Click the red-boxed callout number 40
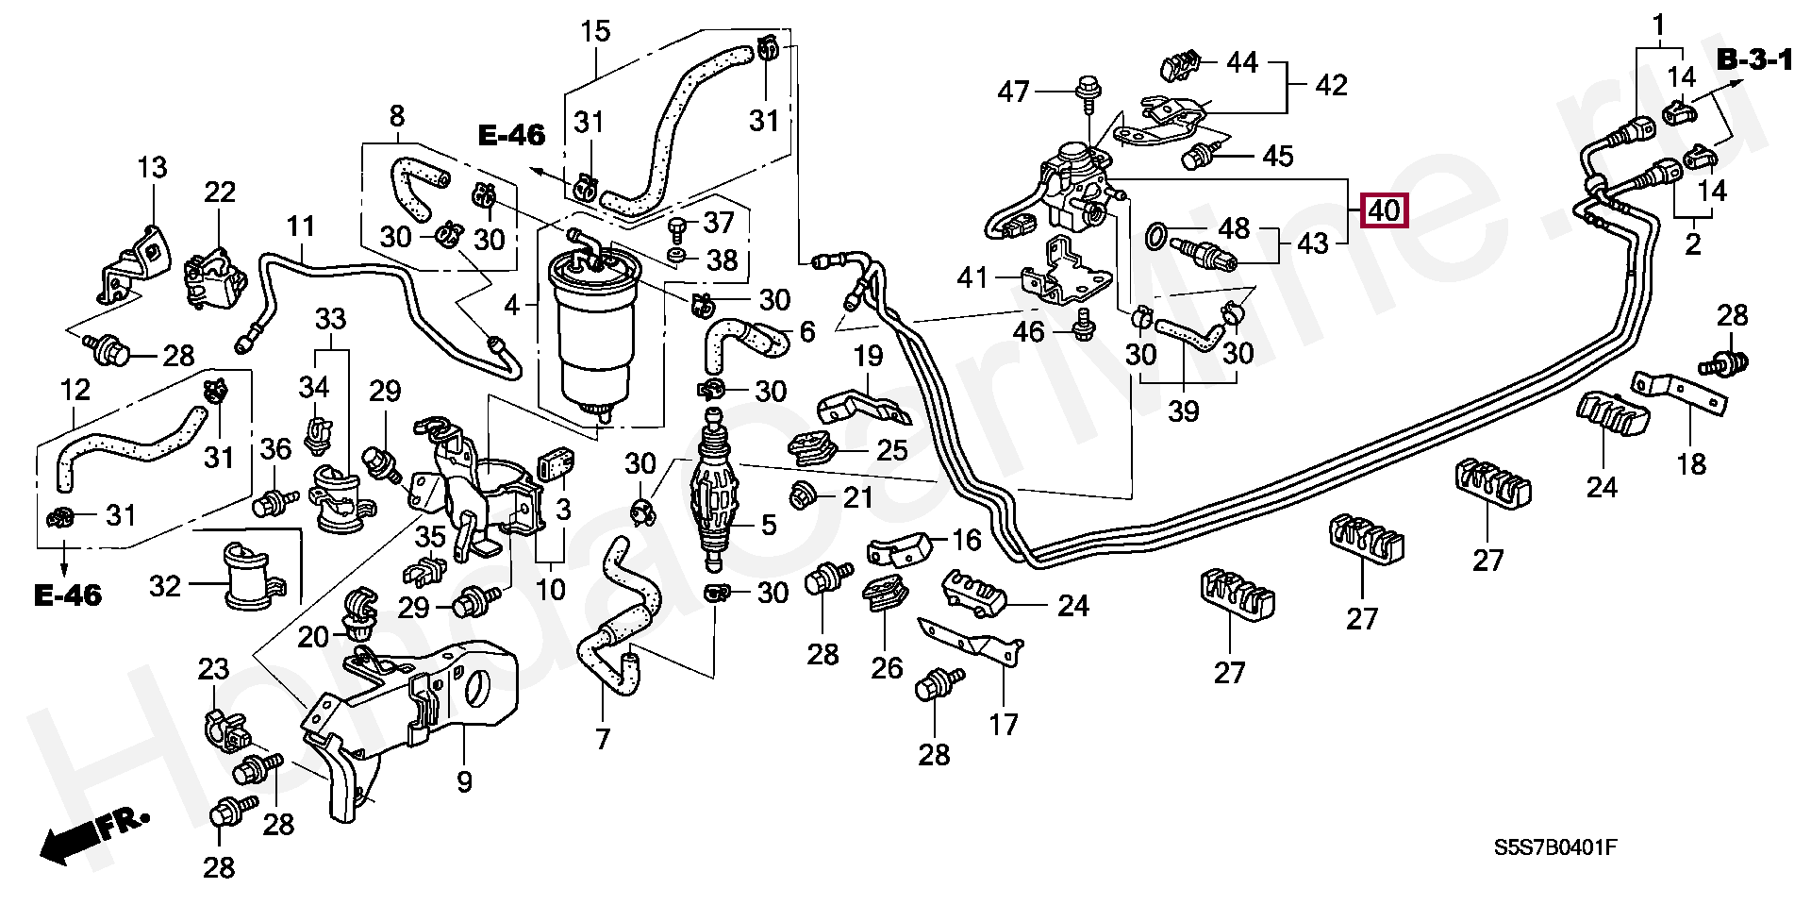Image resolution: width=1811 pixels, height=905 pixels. coord(1384,211)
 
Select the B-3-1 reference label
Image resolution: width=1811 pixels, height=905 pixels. coord(1753,62)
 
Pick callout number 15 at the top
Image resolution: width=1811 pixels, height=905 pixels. coord(596,31)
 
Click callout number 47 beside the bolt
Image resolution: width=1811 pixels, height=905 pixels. coord(1014,92)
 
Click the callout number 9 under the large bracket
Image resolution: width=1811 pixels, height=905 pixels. coord(464,781)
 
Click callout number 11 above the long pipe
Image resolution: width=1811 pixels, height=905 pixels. coord(300,227)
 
